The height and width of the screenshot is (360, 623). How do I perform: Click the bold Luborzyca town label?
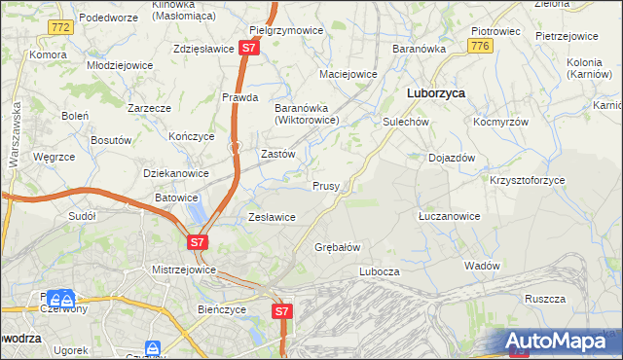pyautogui.click(x=434, y=93)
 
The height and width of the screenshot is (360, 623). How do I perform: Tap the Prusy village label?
pyautogui.click(x=325, y=186)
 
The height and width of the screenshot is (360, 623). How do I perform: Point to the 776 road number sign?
pyautogui.click(x=478, y=46)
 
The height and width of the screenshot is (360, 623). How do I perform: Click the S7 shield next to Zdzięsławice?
pyautogui.click(x=250, y=47)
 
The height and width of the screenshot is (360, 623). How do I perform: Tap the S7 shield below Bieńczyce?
pyautogui.click(x=281, y=311)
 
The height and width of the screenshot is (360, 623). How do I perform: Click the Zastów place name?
pyautogui.click(x=277, y=154)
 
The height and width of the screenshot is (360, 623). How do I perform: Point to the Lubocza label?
pyautogui.click(x=380, y=271)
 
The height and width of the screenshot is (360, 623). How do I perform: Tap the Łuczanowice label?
pyautogui.click(x=449, y=216)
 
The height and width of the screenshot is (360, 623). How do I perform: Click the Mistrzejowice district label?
pyautogui.click(x=183, y=270)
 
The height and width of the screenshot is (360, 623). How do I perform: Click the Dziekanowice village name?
pyautogui.click(x=176, y=173)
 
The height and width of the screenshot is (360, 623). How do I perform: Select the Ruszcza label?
pyautogui.click(x=544, y=300)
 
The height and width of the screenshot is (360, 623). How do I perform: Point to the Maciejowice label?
pyautogui.click(x=348, y=74)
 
